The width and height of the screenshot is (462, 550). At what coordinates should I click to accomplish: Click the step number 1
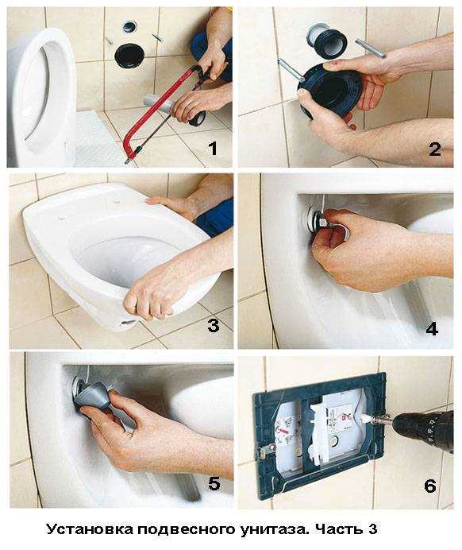(x=213, y=149)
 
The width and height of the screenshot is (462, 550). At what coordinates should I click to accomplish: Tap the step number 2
(x=435, y=149)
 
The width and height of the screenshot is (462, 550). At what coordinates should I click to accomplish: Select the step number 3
(x=214, y=326)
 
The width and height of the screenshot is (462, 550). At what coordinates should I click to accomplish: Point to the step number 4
(x=432, y=330)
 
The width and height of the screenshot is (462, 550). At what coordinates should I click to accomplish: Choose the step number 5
(x=214, y=484)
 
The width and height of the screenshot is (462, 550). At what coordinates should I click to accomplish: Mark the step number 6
(x=430, y=486)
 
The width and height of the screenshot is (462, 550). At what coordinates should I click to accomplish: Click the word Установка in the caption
(x=90, y=529)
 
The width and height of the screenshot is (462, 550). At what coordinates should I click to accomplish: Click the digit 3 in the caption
(x=372, y=529)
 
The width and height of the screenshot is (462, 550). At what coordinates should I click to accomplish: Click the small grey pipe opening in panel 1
(x=129, y=26)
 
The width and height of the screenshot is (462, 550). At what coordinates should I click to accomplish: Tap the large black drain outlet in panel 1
(x=129, y=55)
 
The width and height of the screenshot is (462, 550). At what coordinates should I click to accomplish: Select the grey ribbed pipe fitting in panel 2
(x=327, y=41)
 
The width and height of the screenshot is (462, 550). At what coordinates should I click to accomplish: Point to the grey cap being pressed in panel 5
(x=92, y=397)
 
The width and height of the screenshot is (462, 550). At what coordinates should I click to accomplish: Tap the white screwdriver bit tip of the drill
(x=365, y=418)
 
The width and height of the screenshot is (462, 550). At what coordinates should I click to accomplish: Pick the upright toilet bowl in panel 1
(x=41, y=98)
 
